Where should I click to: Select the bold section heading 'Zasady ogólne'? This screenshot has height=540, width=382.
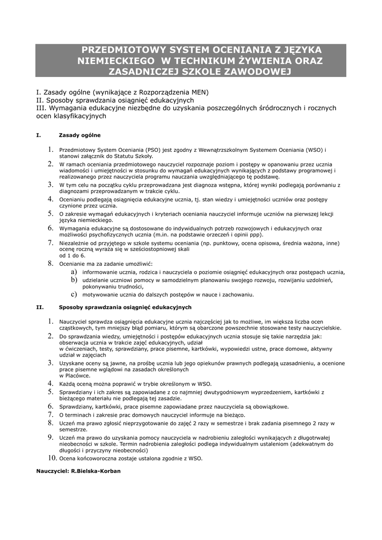[80, 136]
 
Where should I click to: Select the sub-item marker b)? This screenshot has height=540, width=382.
[74, 279]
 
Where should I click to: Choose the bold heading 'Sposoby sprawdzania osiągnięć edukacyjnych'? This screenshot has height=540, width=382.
[125, 307]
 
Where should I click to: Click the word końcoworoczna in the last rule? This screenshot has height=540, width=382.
[92, 459]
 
